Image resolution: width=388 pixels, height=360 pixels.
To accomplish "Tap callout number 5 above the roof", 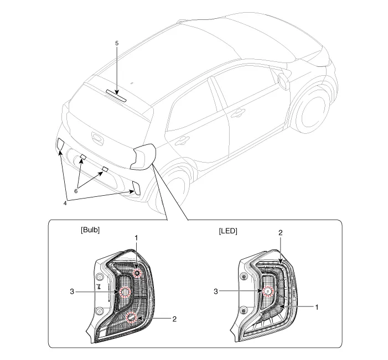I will [117, 43].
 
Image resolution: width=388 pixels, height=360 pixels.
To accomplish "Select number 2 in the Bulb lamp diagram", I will [174, 319].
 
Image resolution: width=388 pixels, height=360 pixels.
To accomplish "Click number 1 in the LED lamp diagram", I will [316, 306].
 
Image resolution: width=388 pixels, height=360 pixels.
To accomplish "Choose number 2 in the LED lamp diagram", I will [281, 233].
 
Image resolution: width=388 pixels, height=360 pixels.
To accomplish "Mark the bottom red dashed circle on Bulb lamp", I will [132, 317].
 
